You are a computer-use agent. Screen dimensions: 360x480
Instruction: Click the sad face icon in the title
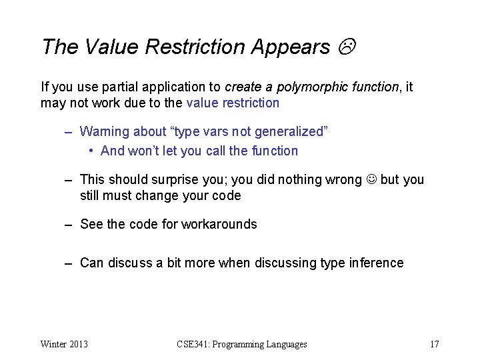347,47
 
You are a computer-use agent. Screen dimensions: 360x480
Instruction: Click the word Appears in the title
291,47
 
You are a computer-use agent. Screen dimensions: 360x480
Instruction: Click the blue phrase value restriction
233,103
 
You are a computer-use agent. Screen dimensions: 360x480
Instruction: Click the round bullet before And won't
92,151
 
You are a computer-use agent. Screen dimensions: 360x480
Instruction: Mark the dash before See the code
68,225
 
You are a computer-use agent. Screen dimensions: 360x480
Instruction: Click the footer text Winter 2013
64,344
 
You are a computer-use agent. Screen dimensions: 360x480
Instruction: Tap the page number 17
434,344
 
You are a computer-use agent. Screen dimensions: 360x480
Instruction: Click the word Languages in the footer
286,344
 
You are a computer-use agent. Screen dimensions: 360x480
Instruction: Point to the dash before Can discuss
68,263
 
